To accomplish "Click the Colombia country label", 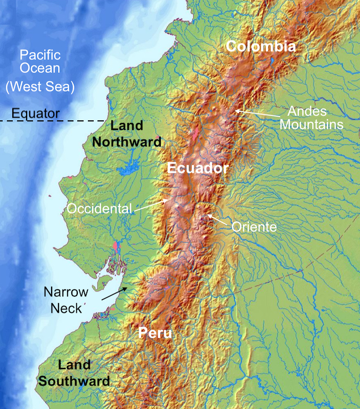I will coord(260,46).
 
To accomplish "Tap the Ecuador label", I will coord(198,168).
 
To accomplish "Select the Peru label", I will coord(155,333).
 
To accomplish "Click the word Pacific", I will coord(40,55).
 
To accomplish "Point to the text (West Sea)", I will coord(40,86).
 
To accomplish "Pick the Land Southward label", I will coord(75,373).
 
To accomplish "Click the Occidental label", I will coord(99,209).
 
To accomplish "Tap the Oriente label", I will coord(254,227).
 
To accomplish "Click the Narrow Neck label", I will coord(66,300).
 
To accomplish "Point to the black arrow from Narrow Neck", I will coord(114,293).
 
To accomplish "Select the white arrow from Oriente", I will coord(218,220).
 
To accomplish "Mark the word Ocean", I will coord(40,69).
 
